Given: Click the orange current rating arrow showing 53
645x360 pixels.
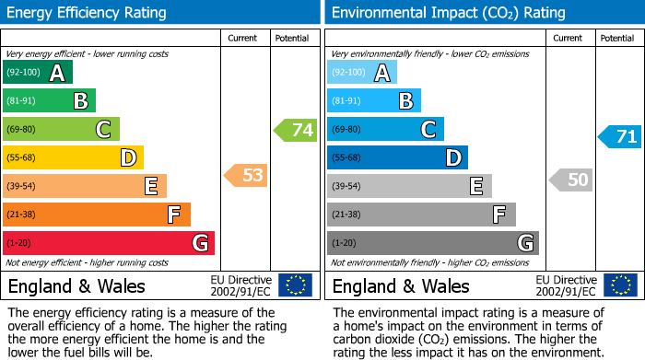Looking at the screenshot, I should (x=246, y=175).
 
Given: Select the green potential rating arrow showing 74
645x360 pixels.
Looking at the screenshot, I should (x=296, y=130).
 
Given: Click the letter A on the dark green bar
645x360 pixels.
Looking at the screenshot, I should (x=57, y=73).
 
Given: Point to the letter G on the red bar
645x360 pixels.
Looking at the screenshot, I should (x=200, y=243).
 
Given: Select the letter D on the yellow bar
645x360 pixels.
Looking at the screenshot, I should (x=129, y=158).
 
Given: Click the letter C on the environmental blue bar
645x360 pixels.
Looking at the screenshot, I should (x=428, y=130).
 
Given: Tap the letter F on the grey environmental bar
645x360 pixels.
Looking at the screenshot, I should (x=499, y=215).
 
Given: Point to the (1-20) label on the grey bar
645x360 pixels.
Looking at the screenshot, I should (x=343, y=243).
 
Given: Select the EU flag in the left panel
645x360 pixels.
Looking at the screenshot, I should (x=295, y=285).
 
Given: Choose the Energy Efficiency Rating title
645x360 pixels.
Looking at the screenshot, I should (x=88, y=13).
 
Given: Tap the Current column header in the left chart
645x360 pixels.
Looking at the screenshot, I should (x=244, y=39).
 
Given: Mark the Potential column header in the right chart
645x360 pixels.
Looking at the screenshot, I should (x=617, y=39).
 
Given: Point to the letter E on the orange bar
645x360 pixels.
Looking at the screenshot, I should (x=151, y=187).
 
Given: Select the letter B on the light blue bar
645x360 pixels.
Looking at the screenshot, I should (x=405, y=101).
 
